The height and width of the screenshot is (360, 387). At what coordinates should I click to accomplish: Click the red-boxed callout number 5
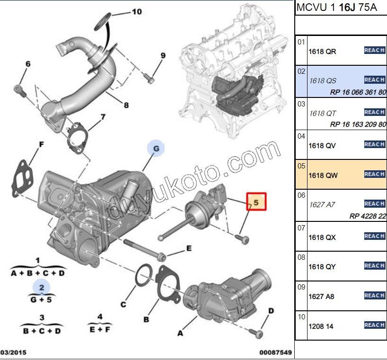256,202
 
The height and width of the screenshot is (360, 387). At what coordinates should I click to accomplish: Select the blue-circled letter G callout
156,148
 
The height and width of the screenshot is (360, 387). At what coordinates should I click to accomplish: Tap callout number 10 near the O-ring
137,11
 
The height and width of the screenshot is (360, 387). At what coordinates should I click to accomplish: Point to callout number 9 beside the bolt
163,55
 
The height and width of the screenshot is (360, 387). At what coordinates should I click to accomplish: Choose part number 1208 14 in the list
321,326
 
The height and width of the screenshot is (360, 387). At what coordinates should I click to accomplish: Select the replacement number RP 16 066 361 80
358,92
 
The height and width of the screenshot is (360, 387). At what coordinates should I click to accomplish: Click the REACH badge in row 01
374,50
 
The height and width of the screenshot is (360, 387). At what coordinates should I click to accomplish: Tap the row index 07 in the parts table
301,228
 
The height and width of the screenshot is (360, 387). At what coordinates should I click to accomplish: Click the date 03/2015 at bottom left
13,352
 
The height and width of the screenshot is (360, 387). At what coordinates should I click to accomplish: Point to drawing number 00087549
275,352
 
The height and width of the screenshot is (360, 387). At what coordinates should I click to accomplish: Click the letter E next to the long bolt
189,248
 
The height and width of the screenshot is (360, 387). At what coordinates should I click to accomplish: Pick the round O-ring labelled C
144,275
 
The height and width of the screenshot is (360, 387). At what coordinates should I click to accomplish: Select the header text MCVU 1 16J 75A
337,8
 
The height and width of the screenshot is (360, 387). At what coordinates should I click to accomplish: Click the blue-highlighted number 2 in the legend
42,287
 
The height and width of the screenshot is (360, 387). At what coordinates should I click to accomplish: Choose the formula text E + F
100,329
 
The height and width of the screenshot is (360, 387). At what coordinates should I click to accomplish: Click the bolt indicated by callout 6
20,91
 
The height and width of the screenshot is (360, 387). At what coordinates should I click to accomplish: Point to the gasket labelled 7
77,138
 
